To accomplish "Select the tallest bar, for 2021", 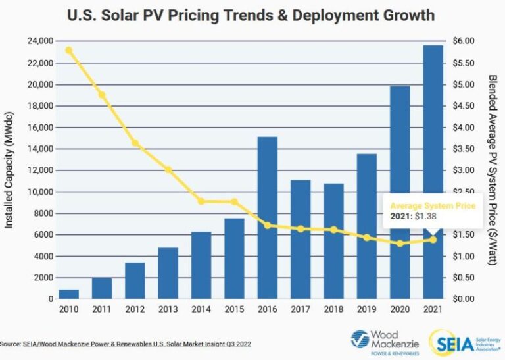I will pyautogui.click(x=432, y=172).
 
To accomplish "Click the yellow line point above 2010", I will pyautogui.click(x=68, y=50).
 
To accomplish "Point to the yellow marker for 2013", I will pyautogui.click(x=168, y=170).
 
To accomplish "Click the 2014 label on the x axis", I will pyautogui.click(x=201, y=308).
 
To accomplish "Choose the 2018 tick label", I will pyautogui.click(x=333, y=308).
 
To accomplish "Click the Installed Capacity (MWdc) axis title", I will pyautogui.click(x=10, y=170).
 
